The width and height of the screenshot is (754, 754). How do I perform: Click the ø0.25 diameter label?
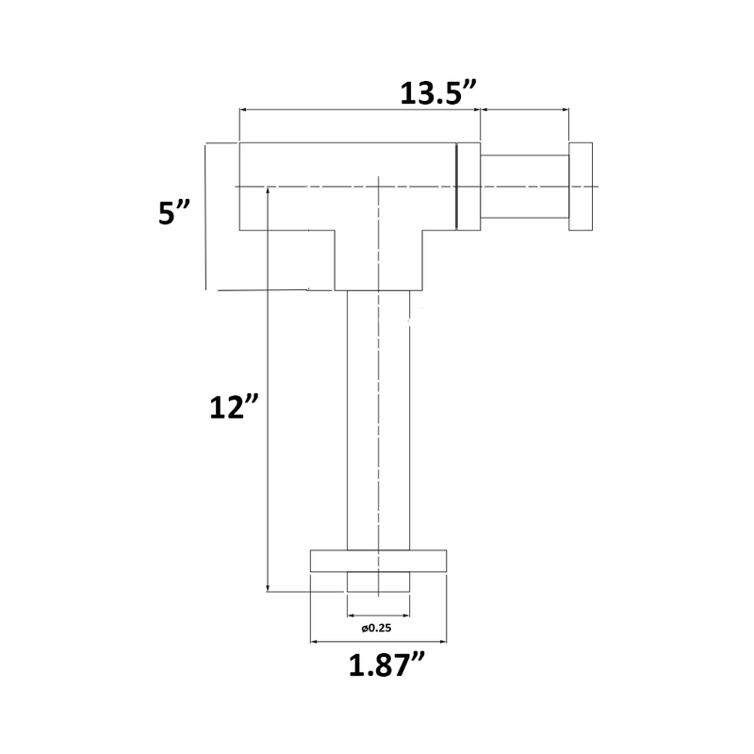pyautogui.click(x=377, y=628)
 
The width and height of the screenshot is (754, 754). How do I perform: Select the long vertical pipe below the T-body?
pyautogui.click(x=378, y=419)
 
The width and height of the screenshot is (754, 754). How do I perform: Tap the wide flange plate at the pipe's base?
pyautogui.click(x=378, y=560)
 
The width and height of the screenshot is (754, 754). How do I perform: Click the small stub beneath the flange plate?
pyautogui.click(x=378, y=582)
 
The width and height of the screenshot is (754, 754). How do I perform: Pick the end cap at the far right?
pyautogui.click(x=582, y=187)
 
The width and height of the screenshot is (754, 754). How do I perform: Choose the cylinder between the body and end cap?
pyautogui.click(x=525, y=187)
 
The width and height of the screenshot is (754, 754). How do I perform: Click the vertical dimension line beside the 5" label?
pyautogui.click(x=205, y=216)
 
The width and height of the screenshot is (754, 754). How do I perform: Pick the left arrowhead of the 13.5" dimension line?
pyautogui.click(x=244, y=110)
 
